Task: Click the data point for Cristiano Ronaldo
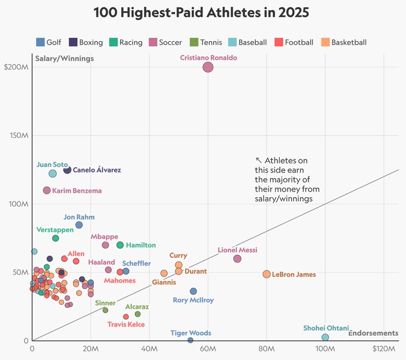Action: (x=208, y=67)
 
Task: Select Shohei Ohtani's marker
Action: (x=325, y=337)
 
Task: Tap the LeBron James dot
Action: (x=267, y=274)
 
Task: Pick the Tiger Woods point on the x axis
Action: (x=191, y=340)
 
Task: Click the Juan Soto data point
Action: (x=52, y=174)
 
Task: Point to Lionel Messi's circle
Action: (x=237, y=259)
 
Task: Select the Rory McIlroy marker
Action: (x=193, y=291)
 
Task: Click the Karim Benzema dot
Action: (x=47, y=190)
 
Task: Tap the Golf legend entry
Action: (x=49, y=42)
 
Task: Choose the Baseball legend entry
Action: (x=248, y=42)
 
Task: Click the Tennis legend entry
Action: (x=207, y=42)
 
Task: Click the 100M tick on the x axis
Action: (x=325, y=349)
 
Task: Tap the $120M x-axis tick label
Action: (x=384, y=349)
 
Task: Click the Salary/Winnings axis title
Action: (x=64, y=58)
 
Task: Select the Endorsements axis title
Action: (x=373, y=333)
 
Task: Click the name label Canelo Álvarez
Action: (x=97, y=170)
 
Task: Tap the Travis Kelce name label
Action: (x=126, y=325)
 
